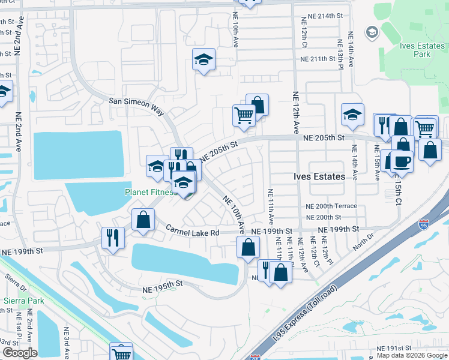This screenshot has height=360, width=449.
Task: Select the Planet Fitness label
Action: (x=149, y=193)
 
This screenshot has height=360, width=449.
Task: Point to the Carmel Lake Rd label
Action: (x=193, y=231)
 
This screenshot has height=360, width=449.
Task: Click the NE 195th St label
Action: (x=162, y=289)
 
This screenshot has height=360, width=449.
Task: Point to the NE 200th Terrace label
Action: (x=331, y=206)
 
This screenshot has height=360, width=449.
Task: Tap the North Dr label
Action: (x=362, y=244)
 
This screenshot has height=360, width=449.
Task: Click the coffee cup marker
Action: (x=402, y=161)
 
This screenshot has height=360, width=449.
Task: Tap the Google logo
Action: (x=20, y=353)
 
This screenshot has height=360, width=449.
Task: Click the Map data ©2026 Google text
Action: (x=411, y=355)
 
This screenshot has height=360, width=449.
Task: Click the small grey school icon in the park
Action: (x=372, y=31)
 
